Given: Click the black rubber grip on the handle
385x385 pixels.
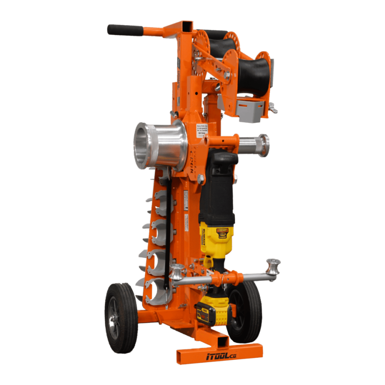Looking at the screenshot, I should (x=125, y=30).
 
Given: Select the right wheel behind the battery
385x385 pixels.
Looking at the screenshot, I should (x=246, y=310).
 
